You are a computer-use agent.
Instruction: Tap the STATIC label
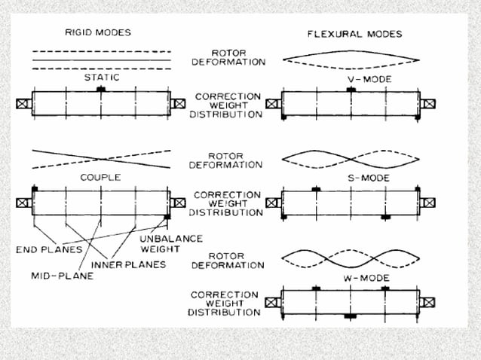[x=101, y=78]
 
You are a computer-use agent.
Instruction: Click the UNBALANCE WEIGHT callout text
[x=173, y=243]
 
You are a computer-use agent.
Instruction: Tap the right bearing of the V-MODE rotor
[x=428, y=103]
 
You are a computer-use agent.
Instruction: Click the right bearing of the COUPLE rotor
[x=179, y=203]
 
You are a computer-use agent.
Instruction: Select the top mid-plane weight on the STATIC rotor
[x=101, y=89]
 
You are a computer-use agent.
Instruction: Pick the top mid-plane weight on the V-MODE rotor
[x=351, y=90]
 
